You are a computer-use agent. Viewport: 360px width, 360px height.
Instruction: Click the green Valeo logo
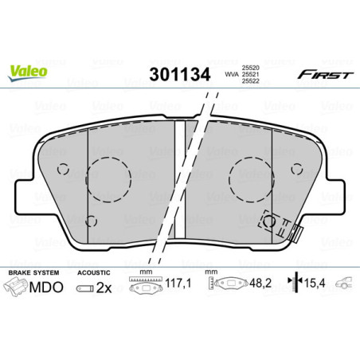(29, 70)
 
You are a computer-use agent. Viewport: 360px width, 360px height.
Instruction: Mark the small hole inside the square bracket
(272, 222)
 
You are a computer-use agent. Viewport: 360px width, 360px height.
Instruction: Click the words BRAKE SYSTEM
(30, 272)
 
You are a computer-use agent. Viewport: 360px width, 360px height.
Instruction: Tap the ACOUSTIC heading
(94, 272)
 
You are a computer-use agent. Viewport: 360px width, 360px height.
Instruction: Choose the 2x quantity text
(103, 288)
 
